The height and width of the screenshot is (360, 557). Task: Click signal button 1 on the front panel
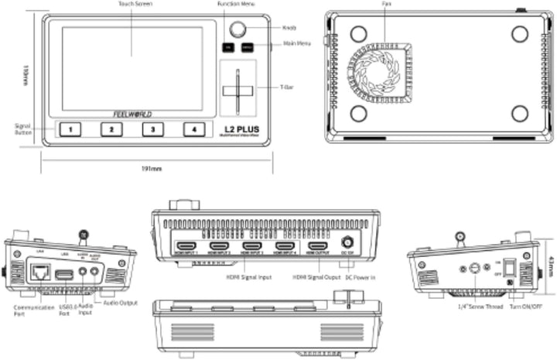70,129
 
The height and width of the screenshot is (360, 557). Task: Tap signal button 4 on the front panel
194,129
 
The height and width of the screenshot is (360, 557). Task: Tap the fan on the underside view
384,71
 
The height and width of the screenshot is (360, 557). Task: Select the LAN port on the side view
39,271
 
